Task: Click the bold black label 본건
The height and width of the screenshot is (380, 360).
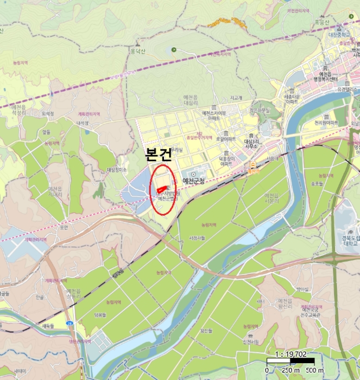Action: pyautogui.click(x=159, y=154)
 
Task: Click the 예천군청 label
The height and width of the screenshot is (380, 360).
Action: pyautogui.click(x=194, y=180)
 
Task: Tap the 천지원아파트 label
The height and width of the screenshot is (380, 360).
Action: pyautogui.click(x=326, y=123)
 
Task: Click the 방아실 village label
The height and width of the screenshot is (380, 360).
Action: pyautogui.click(x=302, y=289)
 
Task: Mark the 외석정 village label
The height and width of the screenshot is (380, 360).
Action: pyautogui.click(x=48, y=114)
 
